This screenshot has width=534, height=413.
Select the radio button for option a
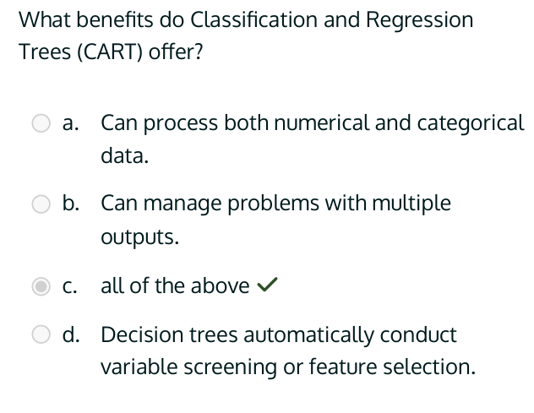point(41,123)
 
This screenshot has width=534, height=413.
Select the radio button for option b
point(41,204)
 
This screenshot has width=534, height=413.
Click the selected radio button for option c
point(41,286)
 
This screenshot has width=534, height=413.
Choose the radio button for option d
point(41,335)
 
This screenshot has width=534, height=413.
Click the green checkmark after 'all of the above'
point(266,286)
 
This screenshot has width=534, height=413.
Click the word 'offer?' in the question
point(181,52)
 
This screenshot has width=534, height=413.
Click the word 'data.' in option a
point(124,156)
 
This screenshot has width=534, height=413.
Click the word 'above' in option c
point(221,286)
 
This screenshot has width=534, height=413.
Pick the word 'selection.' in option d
point(428,368)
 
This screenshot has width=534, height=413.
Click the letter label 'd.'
point(72,335)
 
